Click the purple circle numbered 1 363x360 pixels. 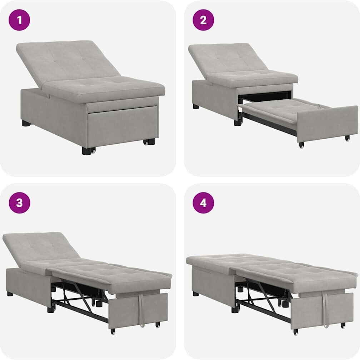(x=19, y=20)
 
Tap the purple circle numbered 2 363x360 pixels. (x=203, y=20)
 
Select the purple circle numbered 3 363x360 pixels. (x=19, y=202)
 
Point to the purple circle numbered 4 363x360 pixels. (x=203, y=202)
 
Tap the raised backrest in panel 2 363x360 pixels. (x=228, y=59)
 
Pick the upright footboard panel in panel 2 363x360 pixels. (x=327, y=124)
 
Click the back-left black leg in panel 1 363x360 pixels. (x=27, y=123)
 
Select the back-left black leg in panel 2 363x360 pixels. (x=196, y=106)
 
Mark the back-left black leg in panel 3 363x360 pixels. (x=10, y=294)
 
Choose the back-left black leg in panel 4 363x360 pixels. (x=196, y=294)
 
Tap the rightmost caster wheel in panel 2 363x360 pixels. (x=347, y=138)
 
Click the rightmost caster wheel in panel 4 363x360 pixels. (x=343, y=325)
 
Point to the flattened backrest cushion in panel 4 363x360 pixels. (x=222, y=260)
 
